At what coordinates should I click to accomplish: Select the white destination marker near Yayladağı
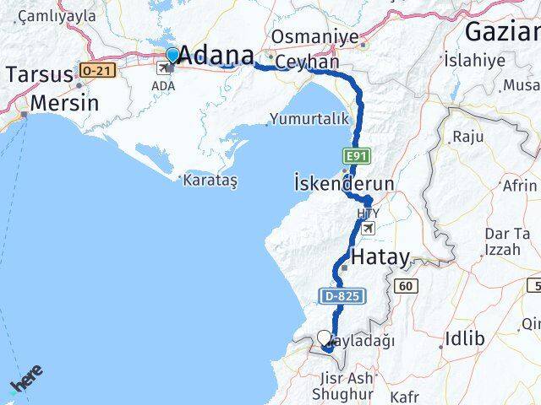(x=325, y=338)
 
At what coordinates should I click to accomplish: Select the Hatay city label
(x=380, y=257)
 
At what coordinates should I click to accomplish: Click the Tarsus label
(x=39, y=74)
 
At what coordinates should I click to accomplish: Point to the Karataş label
(x=208, y=180)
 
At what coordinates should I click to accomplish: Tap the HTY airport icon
(x=368, y=229)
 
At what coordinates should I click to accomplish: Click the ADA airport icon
(x=169, y=67)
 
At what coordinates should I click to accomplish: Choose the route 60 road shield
(x=407, y=287)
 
